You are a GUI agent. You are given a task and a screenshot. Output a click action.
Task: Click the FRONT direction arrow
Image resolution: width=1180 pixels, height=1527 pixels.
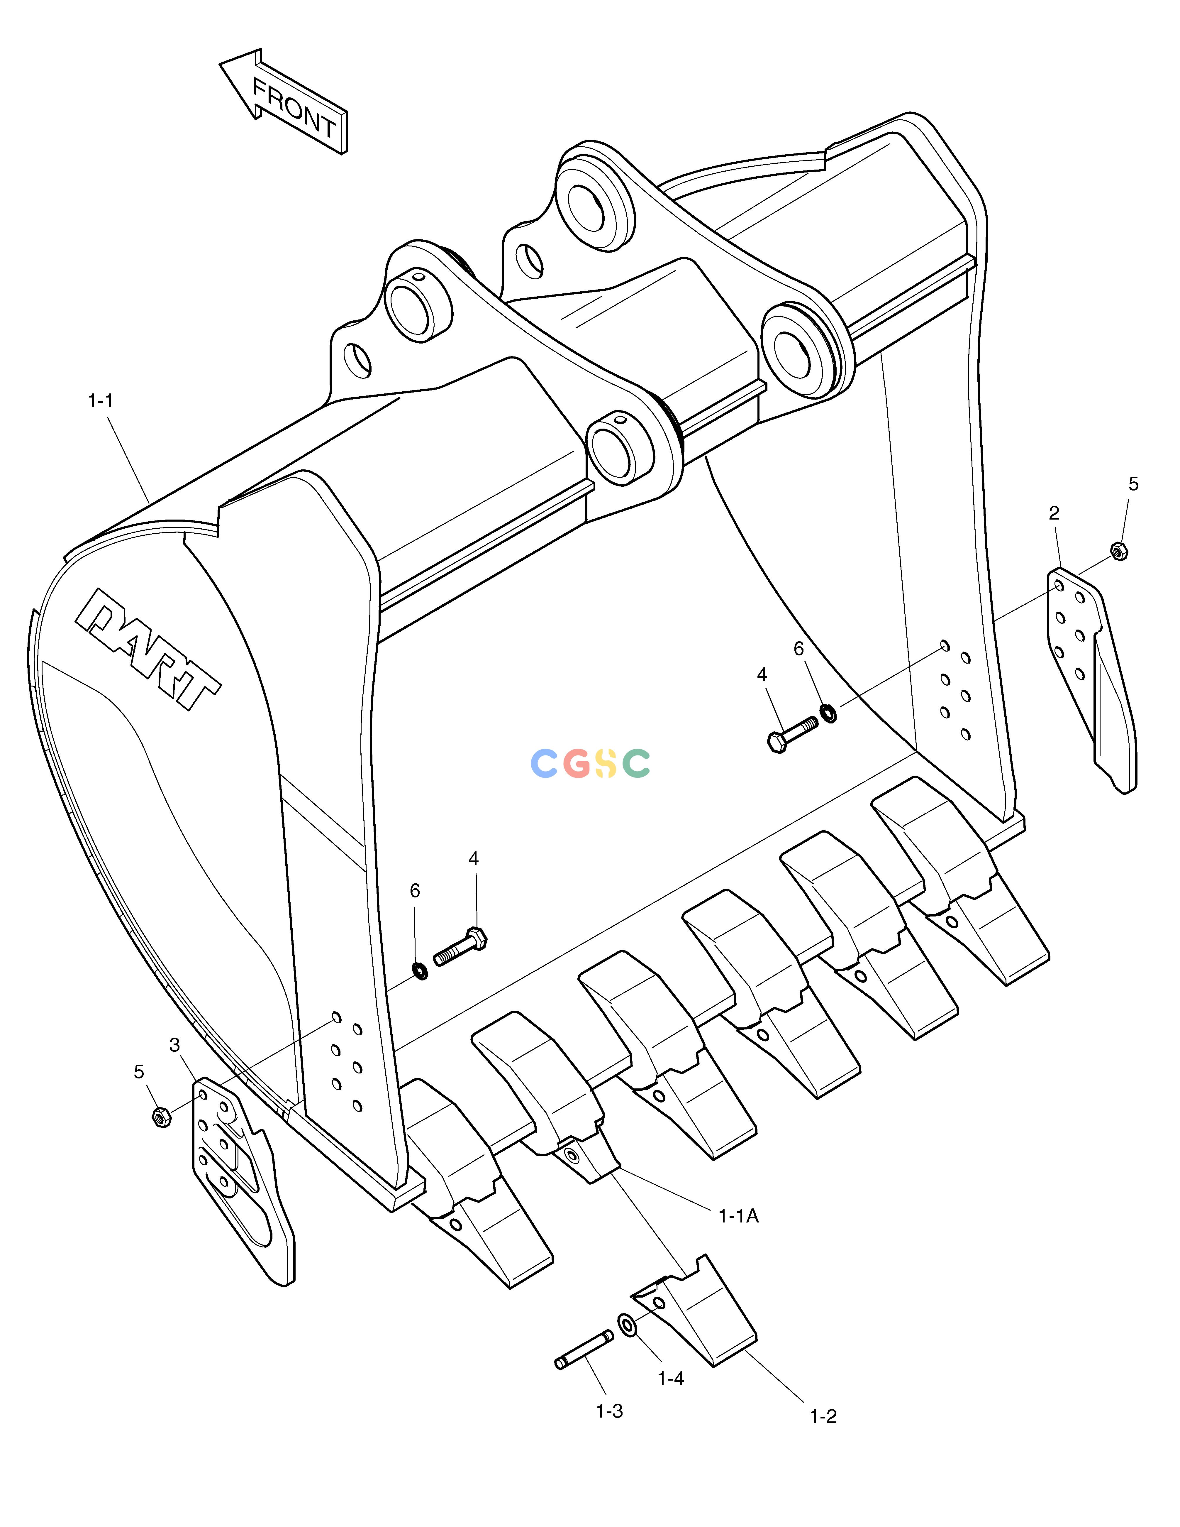point(283,102)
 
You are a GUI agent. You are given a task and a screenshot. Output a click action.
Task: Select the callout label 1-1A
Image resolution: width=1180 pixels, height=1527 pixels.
point(738,1217)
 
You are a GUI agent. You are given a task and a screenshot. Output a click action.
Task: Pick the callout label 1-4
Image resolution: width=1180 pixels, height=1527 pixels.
point(670,1379)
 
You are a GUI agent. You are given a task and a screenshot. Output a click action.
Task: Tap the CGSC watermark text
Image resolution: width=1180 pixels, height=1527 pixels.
point(590,763)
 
